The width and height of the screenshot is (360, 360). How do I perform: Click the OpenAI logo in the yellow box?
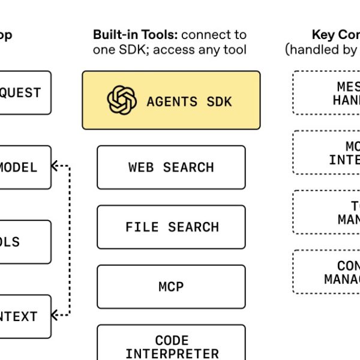pyautogui.click(x=122, y=100)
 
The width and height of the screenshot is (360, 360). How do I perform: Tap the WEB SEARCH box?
pyautogui.click(x=171, y=167)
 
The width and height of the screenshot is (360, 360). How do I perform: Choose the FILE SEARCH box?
pyautogui.click(x=171, y=227)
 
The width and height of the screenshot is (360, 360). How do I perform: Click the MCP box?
pyautogui.click(x=171, y=287)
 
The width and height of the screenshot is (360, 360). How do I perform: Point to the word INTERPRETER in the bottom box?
pyautogui.click(x=172, y=353)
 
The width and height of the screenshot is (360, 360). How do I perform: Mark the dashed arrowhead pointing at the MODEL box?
pyautogui.click(x=56, y=166)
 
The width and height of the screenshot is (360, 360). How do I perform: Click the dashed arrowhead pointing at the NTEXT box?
pyautogui.click(x=56, y=313)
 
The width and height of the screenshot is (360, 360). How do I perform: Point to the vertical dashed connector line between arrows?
pyautogui.click(x=70, y=240)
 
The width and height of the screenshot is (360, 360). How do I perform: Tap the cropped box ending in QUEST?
pyautogui.click(x=24, y=93)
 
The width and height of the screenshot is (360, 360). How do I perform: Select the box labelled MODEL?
pyautogui.click(x=24, y=167)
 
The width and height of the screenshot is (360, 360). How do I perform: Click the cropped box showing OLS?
pyautogui.click(x=24, y=242)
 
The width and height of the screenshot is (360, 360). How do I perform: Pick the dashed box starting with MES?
pyautogui.click(x=327, y=93)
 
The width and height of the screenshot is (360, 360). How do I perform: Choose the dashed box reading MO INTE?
pyautogui.click(x=327, y=152)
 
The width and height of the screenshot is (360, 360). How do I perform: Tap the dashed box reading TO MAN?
pyautogui.click(x=327, y=212)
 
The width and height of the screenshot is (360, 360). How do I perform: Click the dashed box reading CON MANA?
pyautogui.click(x=327, y=272)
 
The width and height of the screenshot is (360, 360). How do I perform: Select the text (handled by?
pyautogui.click(x=322, y=50)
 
